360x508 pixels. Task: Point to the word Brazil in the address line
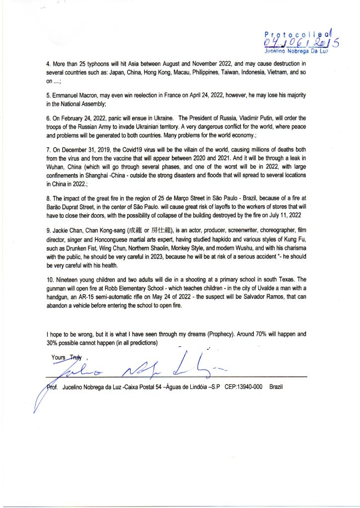click(x=276, y=387)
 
